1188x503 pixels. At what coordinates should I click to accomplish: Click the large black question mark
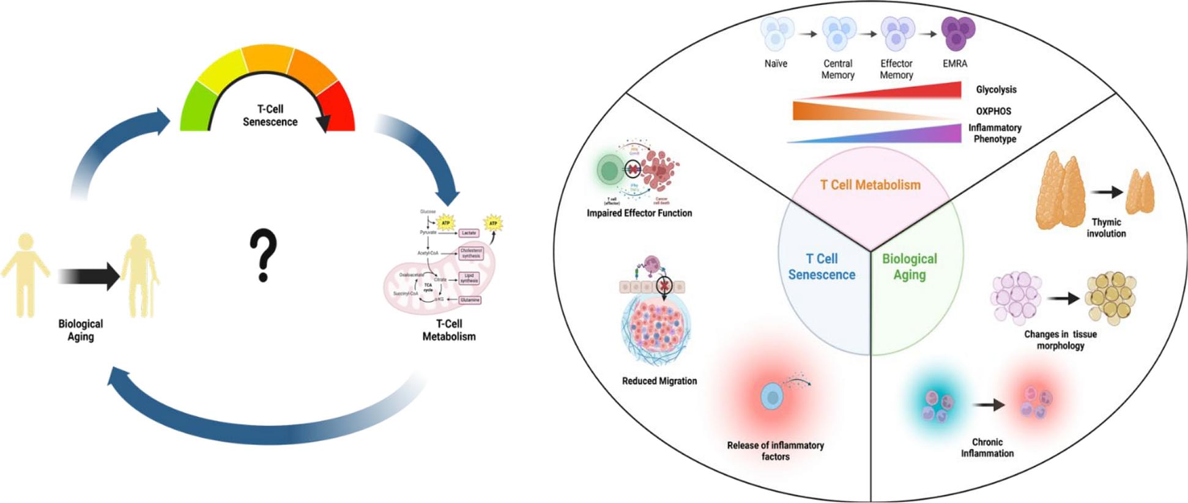263,255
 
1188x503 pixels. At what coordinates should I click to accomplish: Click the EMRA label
954,64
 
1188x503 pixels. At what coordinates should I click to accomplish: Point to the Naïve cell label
776,64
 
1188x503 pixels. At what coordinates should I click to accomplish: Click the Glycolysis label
996,89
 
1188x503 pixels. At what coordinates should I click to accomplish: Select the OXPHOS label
993,111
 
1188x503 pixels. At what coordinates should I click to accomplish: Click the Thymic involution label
1106,228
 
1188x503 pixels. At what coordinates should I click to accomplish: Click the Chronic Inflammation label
987,447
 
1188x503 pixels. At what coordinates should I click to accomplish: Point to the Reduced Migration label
659,381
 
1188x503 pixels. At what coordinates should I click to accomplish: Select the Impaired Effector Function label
639,213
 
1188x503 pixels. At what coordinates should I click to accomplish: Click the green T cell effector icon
608,170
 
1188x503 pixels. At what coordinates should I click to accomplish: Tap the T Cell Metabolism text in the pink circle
870,185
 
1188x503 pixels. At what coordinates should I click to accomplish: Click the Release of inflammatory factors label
775,450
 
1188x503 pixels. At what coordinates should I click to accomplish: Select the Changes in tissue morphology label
1060,340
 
